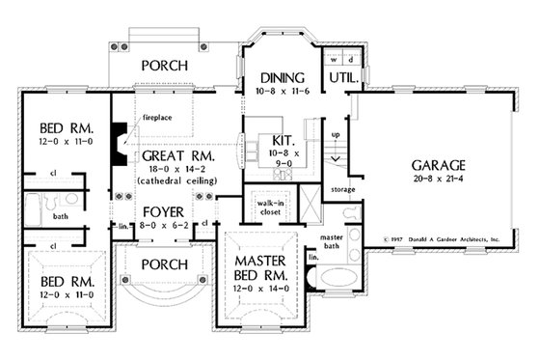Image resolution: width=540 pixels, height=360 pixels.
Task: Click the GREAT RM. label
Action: pyautogui.click(x=178, y=154)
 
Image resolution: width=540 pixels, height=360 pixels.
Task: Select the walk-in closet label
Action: pyautogui.click(x=267, y=208)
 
